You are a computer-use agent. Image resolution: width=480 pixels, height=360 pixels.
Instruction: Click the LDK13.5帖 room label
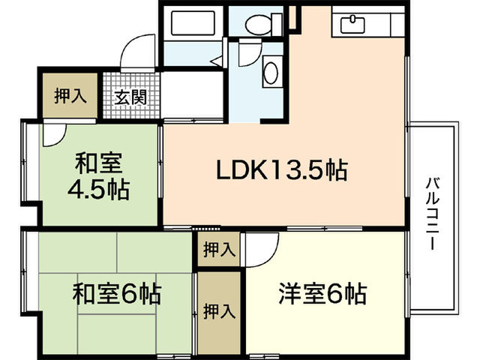click(282, 170)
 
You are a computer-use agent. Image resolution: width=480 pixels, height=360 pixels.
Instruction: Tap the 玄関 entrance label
click(130, 97)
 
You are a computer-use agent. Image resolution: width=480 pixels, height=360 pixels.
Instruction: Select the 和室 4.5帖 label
click(98, 177)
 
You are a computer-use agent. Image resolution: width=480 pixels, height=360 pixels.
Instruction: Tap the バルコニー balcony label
click(433, 214)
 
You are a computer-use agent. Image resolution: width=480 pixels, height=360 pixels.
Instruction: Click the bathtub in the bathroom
click(193, 23)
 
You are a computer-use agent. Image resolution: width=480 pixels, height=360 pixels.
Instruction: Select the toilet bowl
click(258, 24)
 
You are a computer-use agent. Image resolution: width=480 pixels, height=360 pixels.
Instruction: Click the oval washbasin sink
click(271, 73)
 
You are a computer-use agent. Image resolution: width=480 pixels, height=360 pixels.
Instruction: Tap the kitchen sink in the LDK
click(352, 23)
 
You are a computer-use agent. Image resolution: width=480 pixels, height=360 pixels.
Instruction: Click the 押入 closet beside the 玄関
click(70, 95)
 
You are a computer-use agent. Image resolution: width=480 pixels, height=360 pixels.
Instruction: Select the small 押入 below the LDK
click(219, 249)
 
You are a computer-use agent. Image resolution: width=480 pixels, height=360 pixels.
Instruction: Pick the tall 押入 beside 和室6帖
click(219, 312)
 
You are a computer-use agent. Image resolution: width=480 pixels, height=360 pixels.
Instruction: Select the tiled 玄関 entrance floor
click(131, 95)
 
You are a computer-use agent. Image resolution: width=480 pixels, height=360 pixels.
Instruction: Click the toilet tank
click(277, 24)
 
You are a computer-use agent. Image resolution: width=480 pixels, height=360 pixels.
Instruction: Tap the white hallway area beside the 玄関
click(192, 95)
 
